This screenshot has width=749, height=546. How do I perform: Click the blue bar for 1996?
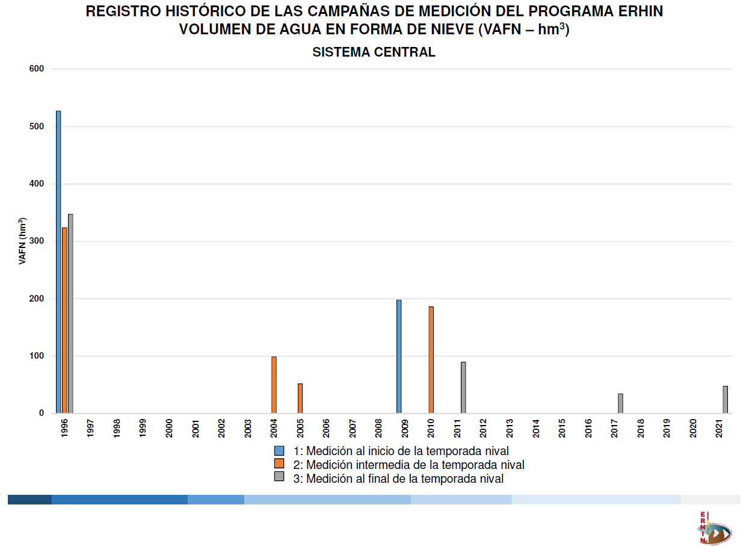(x=58, y=262)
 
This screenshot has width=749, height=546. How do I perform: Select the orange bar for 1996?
(x=64, y=320)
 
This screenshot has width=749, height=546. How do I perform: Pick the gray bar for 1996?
(x=70, y=314)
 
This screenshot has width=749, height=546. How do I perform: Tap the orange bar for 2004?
(x=274, y=385)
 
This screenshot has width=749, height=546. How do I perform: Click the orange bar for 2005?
(x=300, y=399)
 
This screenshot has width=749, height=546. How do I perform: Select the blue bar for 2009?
(x=399, y=356)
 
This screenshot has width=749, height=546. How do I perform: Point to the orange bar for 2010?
(x=431, y=360)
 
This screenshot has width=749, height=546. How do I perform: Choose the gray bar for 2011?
(x=463, y=388)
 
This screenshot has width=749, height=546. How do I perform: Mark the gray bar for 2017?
(x=620, y=403)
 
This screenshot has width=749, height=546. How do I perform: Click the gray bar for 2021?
(x=725, y=400)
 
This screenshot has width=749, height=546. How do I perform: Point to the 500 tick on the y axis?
(x=37, y=126)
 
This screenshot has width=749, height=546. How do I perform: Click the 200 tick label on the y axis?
(x=37, y=299)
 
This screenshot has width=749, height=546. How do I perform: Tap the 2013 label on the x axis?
(x=510, y=428)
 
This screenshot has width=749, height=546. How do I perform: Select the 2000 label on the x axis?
(x=169, y=428)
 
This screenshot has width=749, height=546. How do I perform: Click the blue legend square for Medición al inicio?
(x=279, y=451)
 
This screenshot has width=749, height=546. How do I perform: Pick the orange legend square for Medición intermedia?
(x=279, y=464)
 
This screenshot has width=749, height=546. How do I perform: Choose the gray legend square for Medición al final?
(x=279, y=477)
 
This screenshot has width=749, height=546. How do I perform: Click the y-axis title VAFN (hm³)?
(x=22, y=241)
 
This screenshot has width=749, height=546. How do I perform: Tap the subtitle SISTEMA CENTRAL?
(x=374, y=52)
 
